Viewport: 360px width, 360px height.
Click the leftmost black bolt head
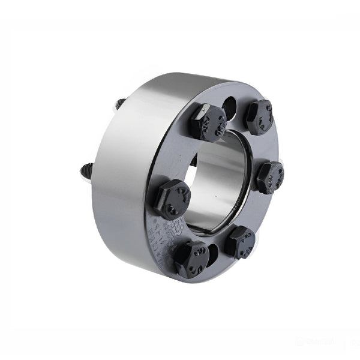tap(171, 199)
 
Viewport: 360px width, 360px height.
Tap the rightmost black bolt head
tap(269, 176)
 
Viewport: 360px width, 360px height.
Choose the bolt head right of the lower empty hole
tap(240, 241)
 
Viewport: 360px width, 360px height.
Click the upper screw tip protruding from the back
tap(120, 103)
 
